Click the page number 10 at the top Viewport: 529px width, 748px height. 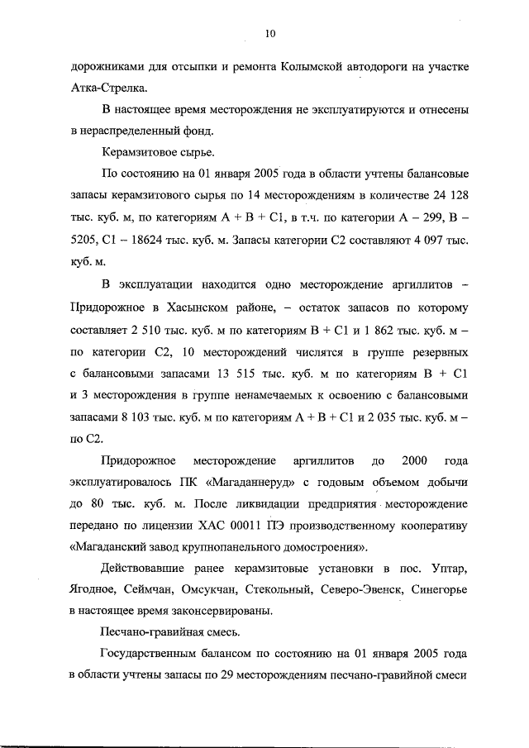pyautogui.click(x=269, y=34)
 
